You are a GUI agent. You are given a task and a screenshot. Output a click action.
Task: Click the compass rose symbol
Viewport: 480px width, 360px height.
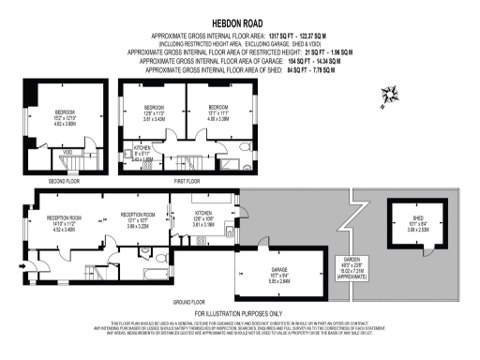tap(387, 95)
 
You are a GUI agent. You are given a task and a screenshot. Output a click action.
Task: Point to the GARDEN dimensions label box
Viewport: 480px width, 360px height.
tap(352, 269)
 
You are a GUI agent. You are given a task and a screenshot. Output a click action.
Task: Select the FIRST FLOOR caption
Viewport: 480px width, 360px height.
tap(188, 180)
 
